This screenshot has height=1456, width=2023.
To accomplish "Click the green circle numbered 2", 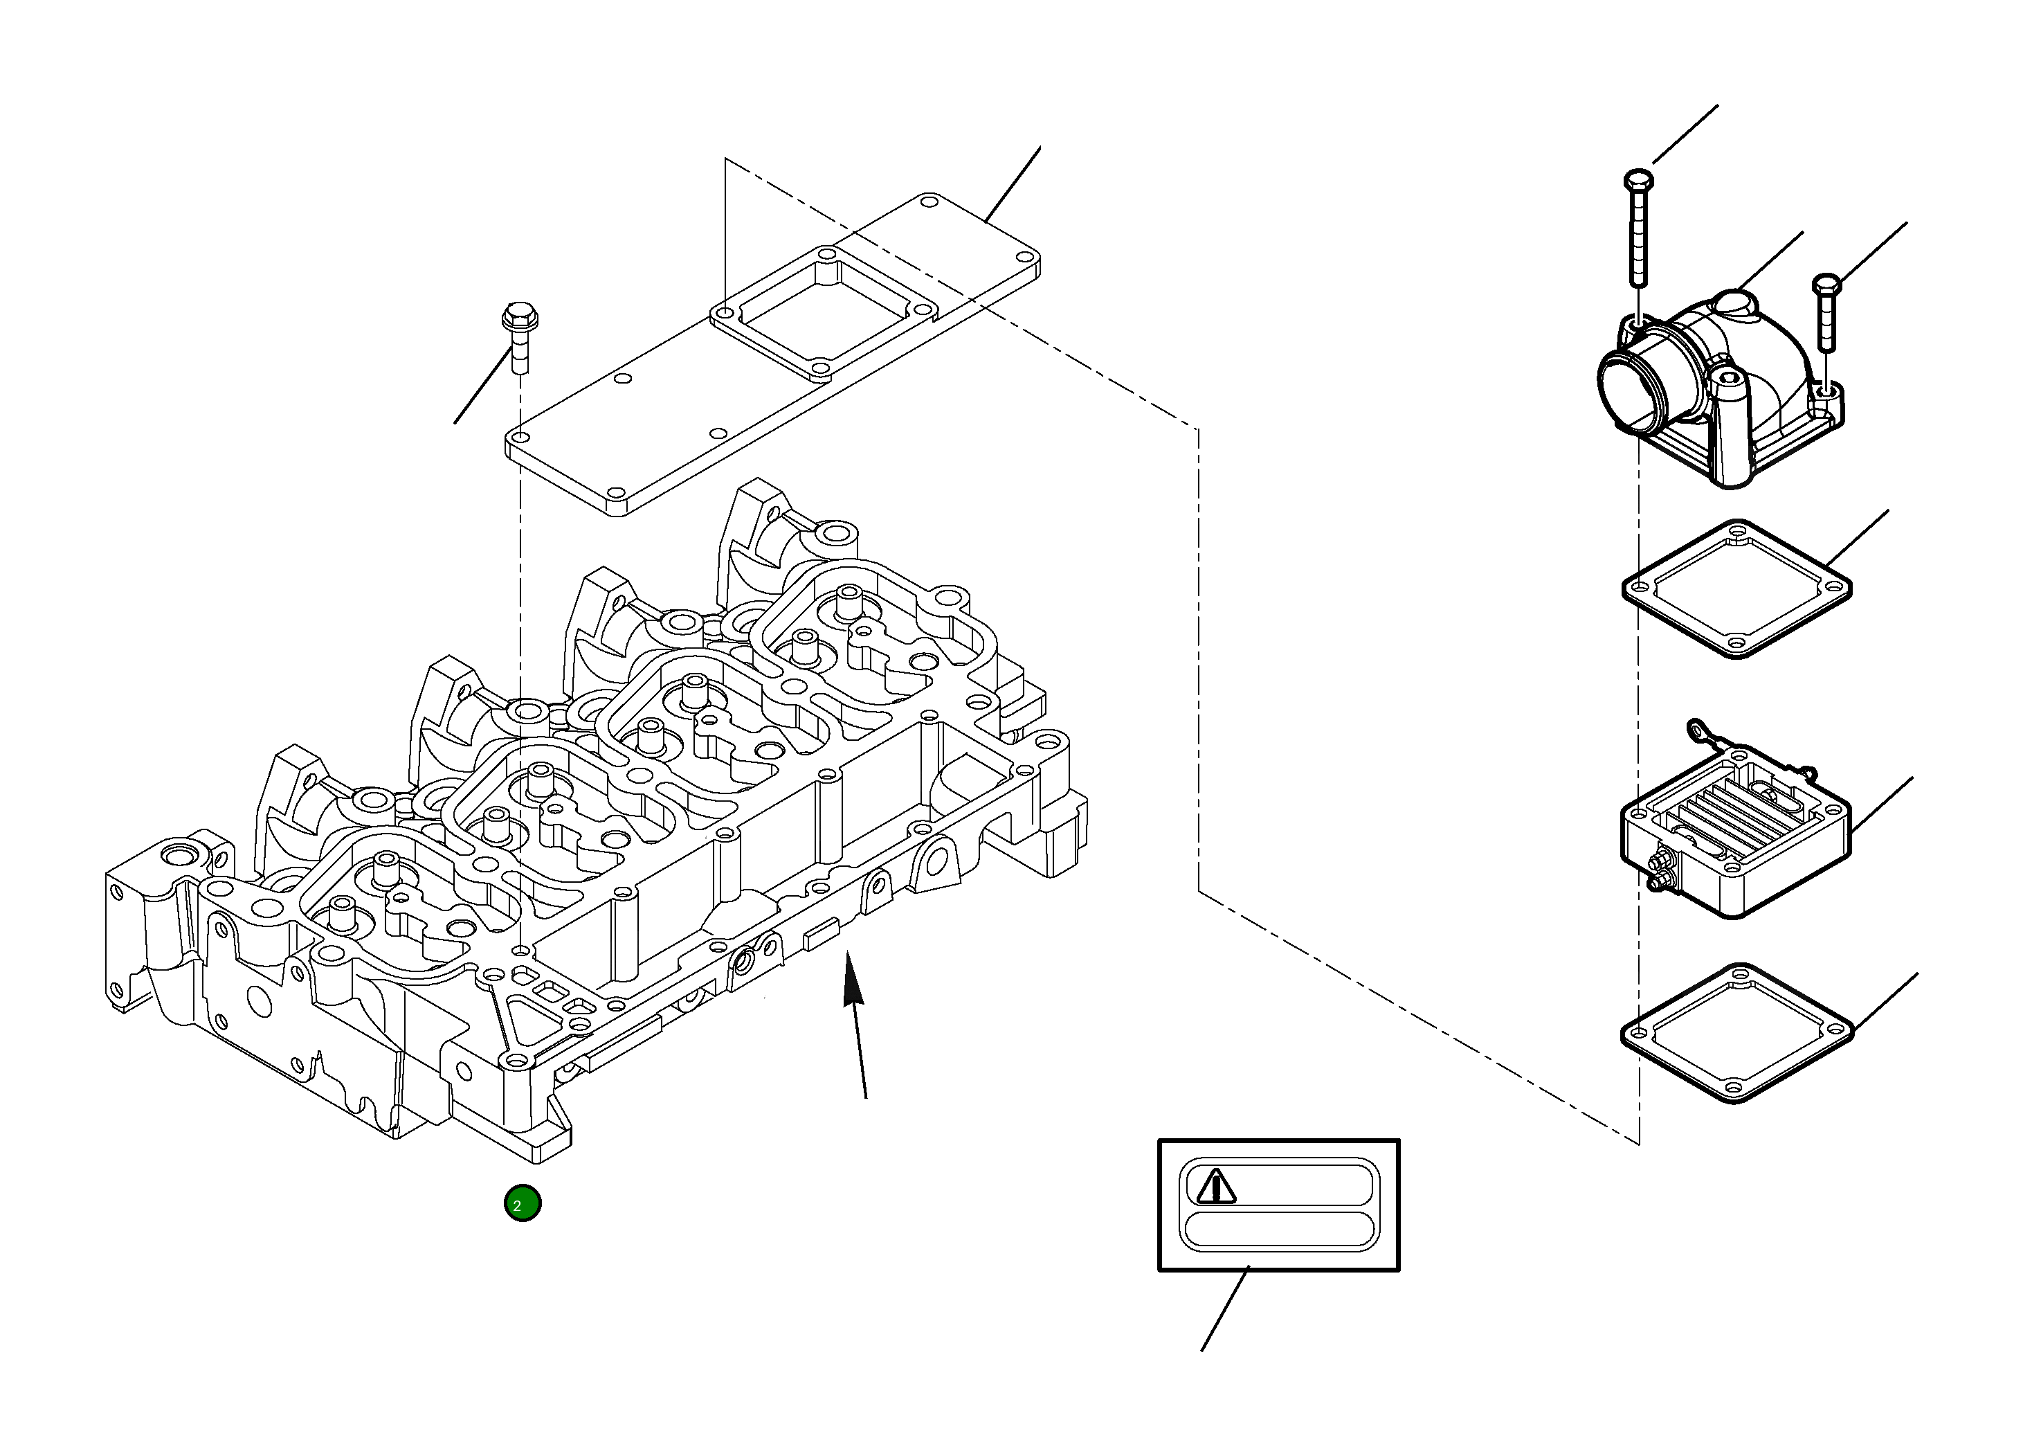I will click(522, 1203).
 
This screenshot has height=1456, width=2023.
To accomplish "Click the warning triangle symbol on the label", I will click(1215, 1187).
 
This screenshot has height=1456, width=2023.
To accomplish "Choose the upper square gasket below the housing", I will click(1736, 588).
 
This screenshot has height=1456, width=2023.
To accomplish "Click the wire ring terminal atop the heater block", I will click(1696, 732).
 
